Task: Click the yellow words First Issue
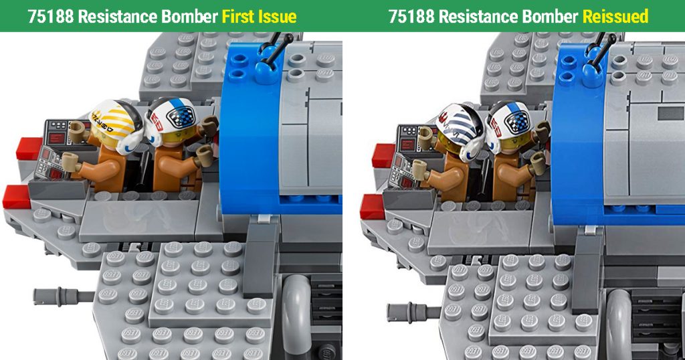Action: tap(259, 17)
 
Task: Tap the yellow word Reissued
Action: tap(615, 17)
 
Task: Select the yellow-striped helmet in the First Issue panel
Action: tap(116, 126)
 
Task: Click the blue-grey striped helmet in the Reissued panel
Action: tap(460, 131)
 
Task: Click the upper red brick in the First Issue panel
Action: tap(29, 148)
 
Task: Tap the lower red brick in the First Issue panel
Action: tap(16, 197)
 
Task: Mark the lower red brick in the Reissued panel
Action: tap(373, 206)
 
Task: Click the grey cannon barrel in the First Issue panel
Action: tap(64, 296)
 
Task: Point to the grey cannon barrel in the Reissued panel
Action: tap(413, 312)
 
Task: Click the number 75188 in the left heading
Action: tap(51, 17)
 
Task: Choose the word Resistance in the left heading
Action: tap(118, 17)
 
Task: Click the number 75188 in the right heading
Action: tap(411, 17)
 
